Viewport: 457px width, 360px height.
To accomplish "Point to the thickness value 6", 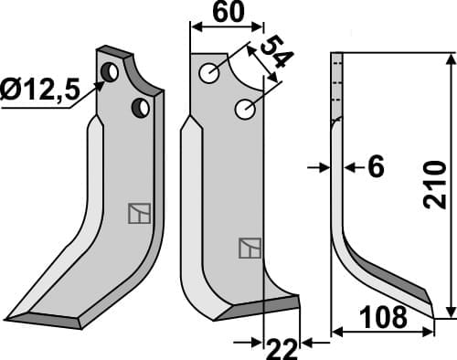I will click(x=374, y=167).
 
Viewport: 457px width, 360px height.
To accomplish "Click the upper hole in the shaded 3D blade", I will click(x=110, y=71).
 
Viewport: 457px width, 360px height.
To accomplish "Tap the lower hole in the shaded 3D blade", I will click(x=141, y=108).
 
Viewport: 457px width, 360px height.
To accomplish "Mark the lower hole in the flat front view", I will click(x=244, y=109).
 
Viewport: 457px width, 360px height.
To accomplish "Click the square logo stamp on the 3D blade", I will click(x=137, y=213).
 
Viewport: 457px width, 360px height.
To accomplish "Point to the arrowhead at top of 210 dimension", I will click(x=450, y=60).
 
